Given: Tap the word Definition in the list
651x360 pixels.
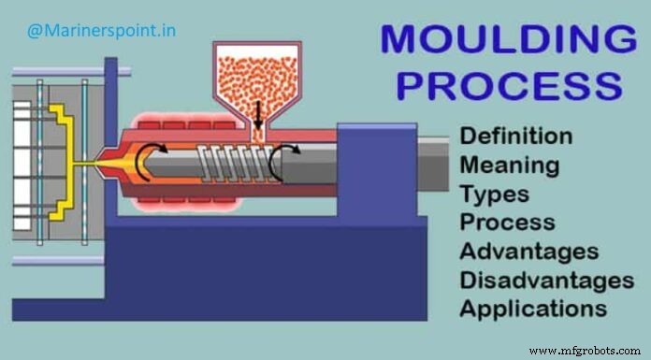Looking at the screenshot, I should click(515, 136).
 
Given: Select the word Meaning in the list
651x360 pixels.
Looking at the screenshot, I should click(510, 165).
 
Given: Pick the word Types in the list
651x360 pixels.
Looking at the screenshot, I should click(494, 194).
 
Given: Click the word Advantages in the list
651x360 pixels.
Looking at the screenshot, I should click(528, 252).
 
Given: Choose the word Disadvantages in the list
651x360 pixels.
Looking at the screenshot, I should click(546, 280).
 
